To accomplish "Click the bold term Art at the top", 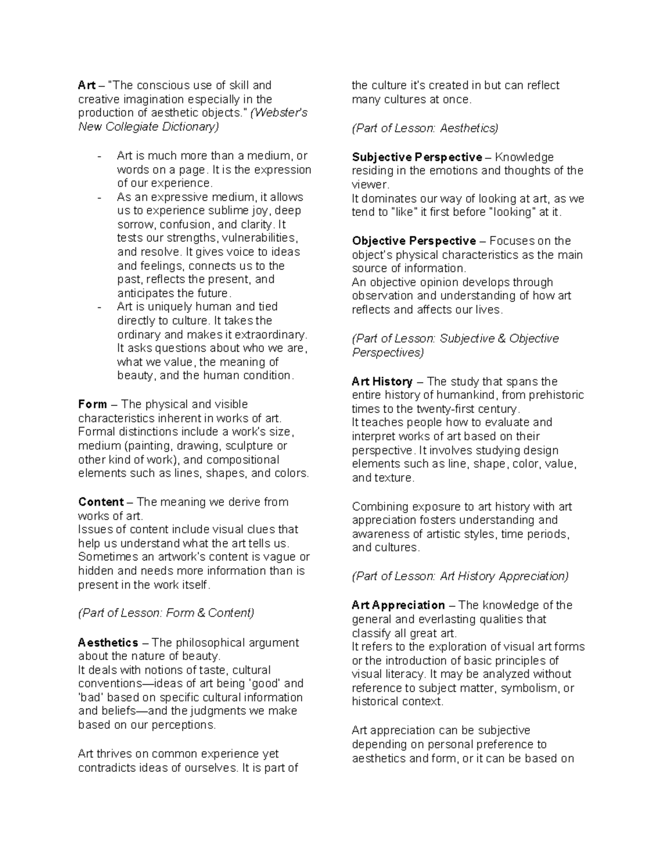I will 86,85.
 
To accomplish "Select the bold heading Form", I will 92,404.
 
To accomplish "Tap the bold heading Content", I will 100,502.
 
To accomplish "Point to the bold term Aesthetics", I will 108,643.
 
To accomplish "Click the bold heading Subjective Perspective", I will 417,157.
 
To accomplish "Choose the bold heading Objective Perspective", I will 413,241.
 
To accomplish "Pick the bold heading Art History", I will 382,382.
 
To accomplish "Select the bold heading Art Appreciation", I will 398,605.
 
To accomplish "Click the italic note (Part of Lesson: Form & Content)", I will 166,613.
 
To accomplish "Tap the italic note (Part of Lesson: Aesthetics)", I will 425,128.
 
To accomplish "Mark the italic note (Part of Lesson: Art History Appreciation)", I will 460,576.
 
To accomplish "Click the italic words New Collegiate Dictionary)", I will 149,127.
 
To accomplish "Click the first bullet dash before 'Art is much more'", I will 99,156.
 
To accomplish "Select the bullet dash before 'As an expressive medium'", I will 99,198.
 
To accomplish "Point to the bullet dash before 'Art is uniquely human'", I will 99,307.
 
